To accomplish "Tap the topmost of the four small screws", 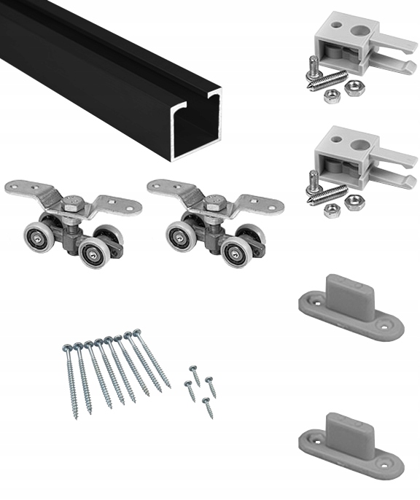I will point(194,370).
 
